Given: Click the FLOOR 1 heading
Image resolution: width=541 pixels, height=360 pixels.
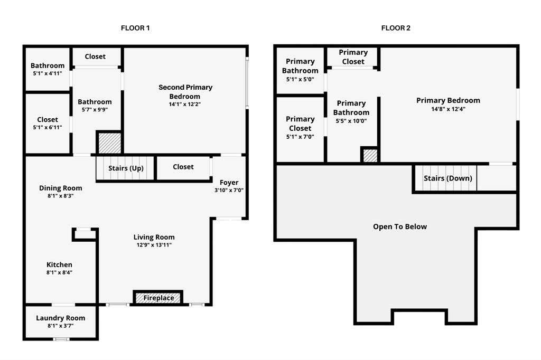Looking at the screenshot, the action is [x=135, y=28].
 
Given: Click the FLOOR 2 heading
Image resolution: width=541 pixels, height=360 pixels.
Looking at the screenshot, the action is [x=396, y=28].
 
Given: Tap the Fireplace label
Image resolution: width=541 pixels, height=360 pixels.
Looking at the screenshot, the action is [x=158, y=298].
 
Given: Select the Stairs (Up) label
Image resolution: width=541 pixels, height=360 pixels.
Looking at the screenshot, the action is [x=126, y=168].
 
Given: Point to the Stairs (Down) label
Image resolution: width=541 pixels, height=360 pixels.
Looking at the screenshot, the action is [x=448, y=178].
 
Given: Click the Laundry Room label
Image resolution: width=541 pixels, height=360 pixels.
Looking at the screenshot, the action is [x=61, y=318].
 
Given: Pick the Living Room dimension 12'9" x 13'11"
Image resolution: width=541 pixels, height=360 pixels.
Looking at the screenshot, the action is [x=154, y=245].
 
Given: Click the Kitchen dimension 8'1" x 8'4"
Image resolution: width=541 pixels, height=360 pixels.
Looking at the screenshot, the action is [x=59, y=272].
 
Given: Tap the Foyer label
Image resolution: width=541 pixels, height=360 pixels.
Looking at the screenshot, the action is [x=229, y=183].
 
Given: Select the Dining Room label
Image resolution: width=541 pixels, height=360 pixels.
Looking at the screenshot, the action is [x=61, y=188].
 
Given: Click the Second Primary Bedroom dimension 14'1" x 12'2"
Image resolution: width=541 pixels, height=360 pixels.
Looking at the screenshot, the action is [x=185, y=104].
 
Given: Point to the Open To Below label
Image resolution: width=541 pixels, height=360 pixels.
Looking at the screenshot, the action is [x=400, y=226].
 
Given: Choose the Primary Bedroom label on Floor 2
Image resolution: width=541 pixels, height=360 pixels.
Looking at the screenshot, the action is [x=448, y=100].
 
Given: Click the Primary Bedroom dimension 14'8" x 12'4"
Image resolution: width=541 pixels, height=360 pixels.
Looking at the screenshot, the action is [x=448, y=109].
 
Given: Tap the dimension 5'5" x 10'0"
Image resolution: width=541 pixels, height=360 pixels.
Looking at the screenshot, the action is [x=351, y=121].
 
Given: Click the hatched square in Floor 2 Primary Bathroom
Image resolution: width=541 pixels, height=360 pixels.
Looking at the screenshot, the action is [x=370, y=155].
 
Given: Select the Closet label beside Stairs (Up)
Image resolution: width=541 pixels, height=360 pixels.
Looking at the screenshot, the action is [x=183, y=167].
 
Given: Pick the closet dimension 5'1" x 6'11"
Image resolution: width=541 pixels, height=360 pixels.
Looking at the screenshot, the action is [x=48, y=127].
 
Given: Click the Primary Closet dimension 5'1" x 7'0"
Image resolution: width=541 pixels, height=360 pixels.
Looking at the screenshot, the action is [x=300, y=137].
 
